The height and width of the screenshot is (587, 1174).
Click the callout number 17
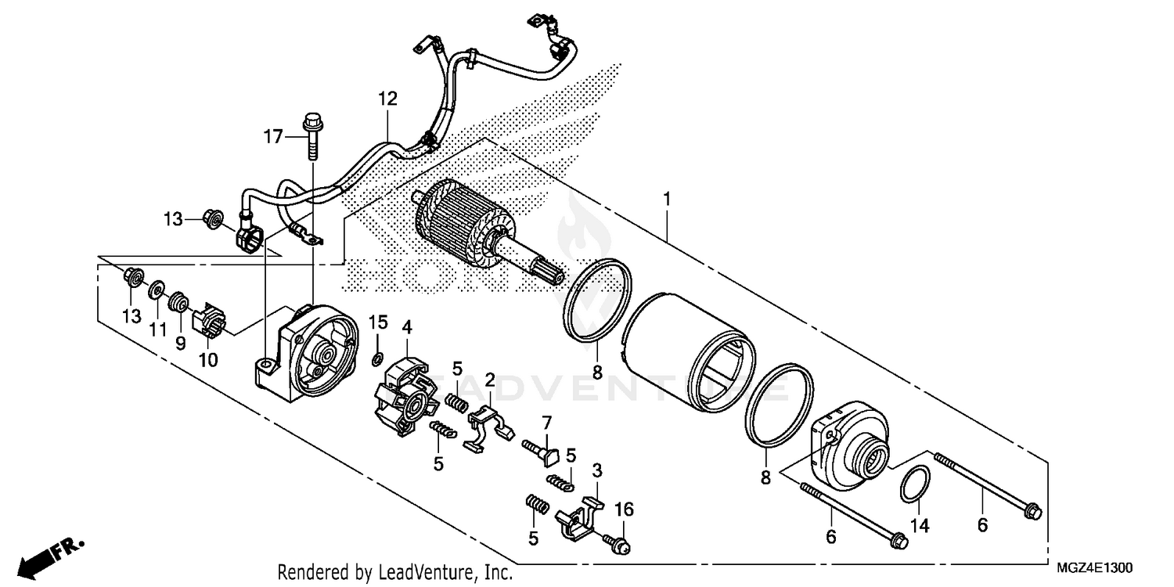click(272, 138)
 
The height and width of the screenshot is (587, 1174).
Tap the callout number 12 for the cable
click(387, 99)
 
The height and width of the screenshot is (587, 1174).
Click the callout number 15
click(379, 322)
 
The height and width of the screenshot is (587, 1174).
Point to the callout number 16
click(623, 511)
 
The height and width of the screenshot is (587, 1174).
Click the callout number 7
click(546, 422)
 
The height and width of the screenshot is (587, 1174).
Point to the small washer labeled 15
click(376, 359)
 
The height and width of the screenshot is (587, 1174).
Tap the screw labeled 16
click(618, 542)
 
